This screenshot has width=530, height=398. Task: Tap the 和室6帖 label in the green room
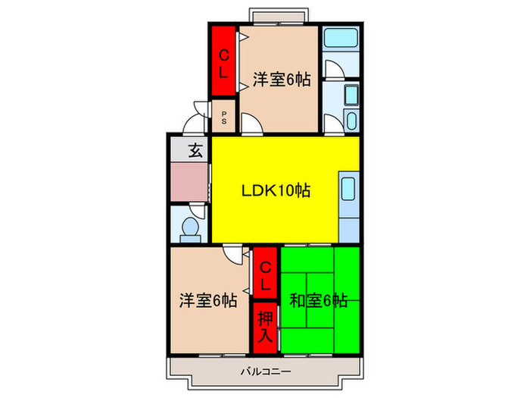click(319, 301)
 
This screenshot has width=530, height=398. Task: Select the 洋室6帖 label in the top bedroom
click(282, 80)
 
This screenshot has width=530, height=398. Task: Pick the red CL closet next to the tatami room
click(265, 275)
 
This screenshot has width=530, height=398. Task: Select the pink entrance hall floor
click(189, 182)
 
